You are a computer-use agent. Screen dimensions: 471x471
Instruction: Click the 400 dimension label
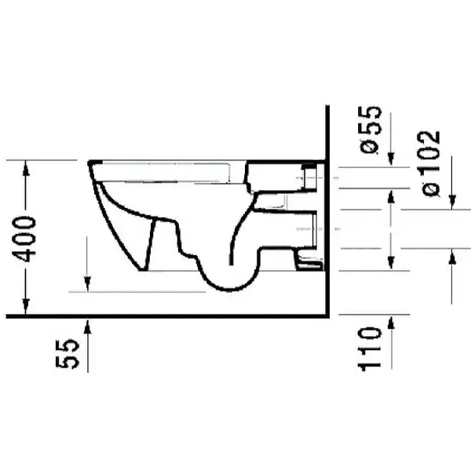pos(24,239)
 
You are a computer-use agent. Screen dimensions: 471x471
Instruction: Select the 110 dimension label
pos(370,349)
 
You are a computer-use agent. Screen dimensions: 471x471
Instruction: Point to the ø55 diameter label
pos(371,130)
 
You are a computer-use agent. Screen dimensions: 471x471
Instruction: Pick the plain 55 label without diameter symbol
pos(68,353)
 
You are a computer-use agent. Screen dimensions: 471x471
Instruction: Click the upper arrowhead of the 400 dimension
pos(26,168)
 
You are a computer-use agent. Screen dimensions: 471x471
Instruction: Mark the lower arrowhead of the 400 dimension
pos(26,307)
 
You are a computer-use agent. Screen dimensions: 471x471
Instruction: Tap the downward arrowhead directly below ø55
pos(391,159)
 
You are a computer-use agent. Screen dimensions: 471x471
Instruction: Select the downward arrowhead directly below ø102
pos(452,202)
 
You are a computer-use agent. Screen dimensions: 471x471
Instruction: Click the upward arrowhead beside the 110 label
pos(391,323)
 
